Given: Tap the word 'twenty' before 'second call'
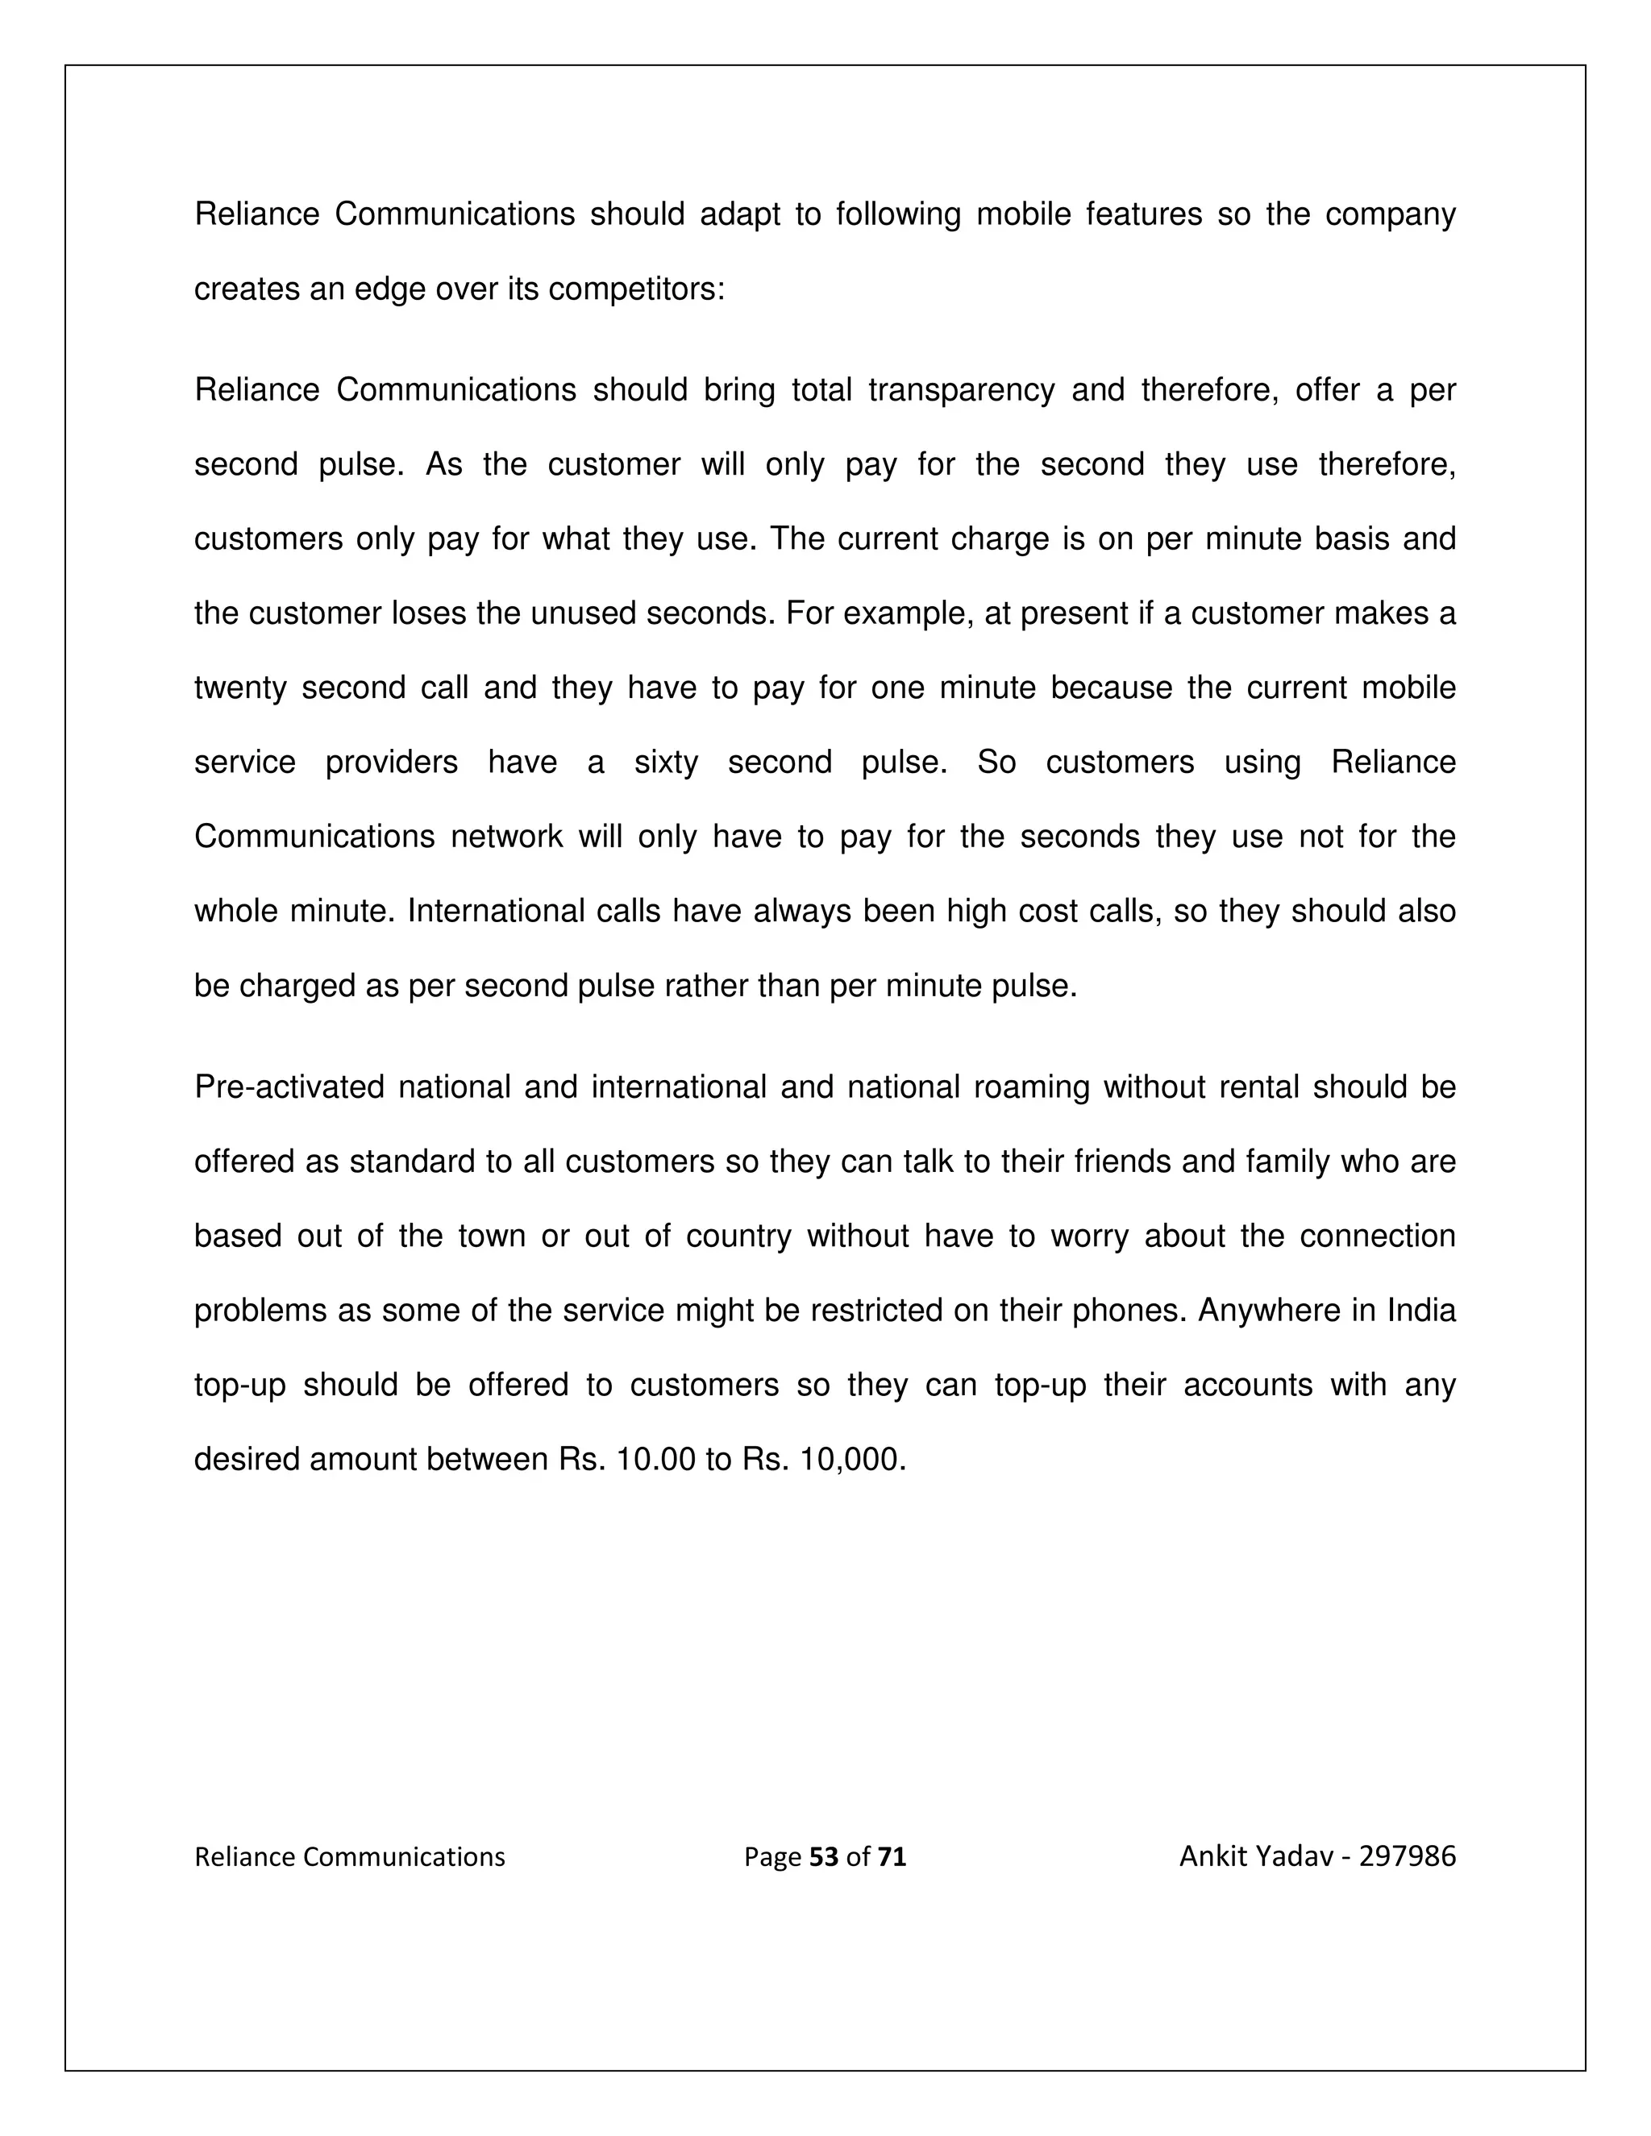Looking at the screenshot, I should tap(239, 688).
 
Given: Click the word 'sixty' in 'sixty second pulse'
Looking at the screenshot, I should tap(666, 763).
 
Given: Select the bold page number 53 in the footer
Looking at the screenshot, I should tap(825, 1856).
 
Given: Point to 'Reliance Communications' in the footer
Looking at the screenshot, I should tap(349, 1856).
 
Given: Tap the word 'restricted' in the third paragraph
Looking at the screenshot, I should tap(876, 1311).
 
